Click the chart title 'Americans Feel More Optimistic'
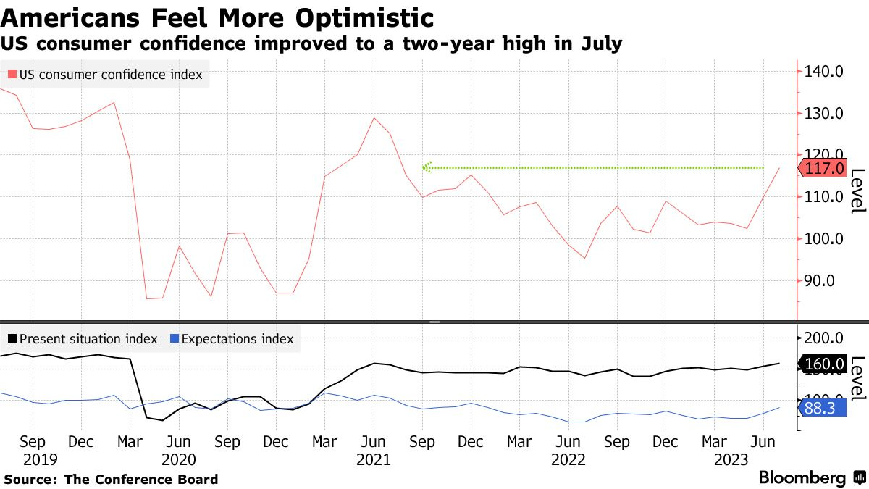217,17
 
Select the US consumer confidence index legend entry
105,75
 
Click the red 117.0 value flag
825,169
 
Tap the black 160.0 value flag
825,364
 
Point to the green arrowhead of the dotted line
427,167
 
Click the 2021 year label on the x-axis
374,459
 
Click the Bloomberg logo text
802,478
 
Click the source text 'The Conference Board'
141,479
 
